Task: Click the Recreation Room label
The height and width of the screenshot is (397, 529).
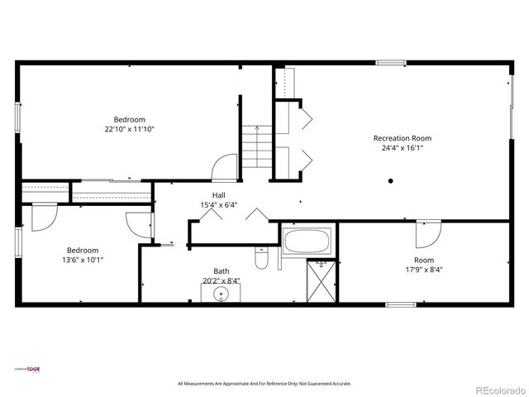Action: pos(402,138)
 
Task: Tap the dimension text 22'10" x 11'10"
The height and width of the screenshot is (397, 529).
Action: pos(130,129)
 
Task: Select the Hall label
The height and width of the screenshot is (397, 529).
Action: pos(218,195)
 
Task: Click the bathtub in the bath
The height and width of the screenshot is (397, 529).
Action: pos(307,242)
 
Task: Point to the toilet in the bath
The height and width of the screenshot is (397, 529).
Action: pos(262,260)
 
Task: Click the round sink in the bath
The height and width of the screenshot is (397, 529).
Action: pos(222,294)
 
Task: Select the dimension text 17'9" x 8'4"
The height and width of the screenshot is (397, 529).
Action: pos(423,270)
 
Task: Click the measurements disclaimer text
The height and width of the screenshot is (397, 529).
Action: pos(264,384)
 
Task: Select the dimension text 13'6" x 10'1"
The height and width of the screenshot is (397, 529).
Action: pos(83,260)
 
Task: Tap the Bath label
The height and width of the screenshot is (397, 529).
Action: pos(222,270)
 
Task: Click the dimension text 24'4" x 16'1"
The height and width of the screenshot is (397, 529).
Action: pos(402,149)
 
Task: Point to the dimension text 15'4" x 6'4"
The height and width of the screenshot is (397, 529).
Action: pos(218,205)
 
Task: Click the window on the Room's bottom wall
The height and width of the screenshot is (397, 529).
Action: pos(401,304)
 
